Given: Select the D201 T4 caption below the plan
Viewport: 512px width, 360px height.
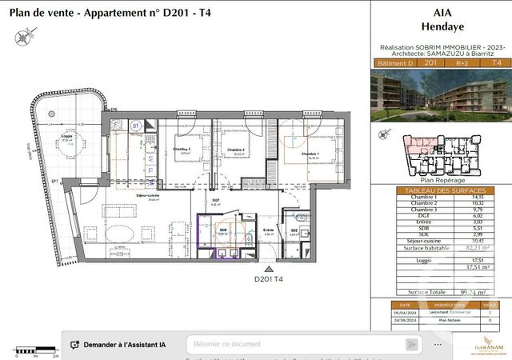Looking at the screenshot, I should pyautogui.click(x=269, y=279).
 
